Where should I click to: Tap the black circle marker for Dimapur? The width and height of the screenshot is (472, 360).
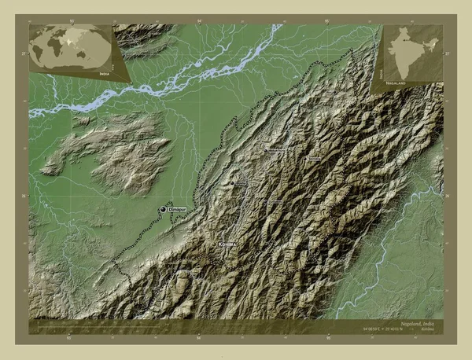tap(164, 209)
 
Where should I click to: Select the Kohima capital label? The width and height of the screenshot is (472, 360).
tap(227, 244)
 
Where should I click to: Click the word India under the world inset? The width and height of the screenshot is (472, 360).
tap(105, 72)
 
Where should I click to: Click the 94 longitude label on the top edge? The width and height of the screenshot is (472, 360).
tap(199, 20)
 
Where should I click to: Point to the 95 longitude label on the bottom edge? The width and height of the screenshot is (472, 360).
tap(327, 340)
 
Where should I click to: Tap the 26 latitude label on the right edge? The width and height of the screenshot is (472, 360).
tap(448, 197)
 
